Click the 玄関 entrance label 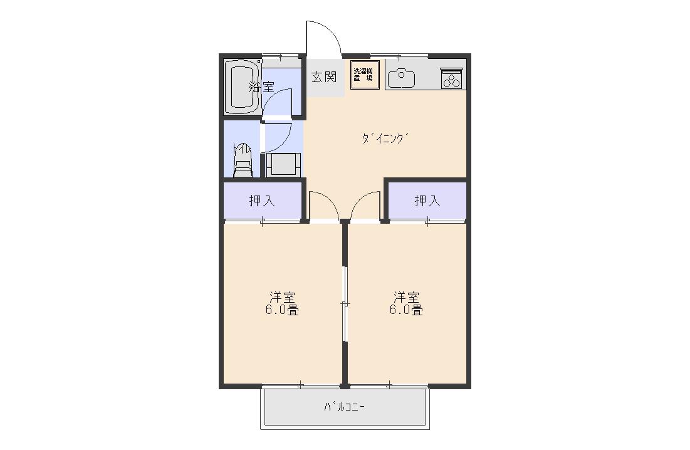324,76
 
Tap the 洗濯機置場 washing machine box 365,75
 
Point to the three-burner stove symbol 452,79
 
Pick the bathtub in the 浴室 242,88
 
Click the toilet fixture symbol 242,160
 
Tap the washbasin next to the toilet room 283,165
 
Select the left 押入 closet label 262,201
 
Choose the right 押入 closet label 427,201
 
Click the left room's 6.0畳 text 282,310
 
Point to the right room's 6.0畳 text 406,310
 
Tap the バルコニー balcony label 344,407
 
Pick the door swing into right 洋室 359,198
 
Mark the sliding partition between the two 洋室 345,303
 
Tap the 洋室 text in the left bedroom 282,297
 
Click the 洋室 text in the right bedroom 406,297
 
